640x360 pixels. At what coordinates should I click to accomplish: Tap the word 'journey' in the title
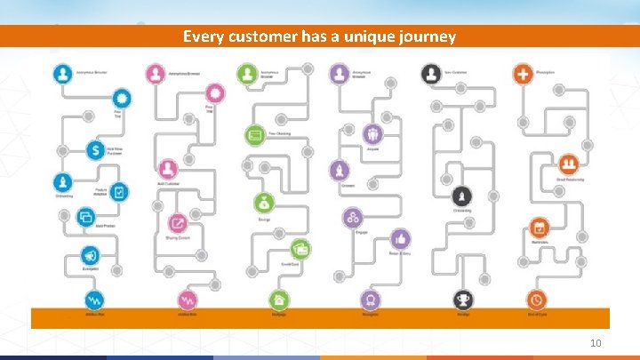point(425,36)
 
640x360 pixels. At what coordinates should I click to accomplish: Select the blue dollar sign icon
point(94,150)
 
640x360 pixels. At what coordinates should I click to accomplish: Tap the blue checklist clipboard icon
point(120,191)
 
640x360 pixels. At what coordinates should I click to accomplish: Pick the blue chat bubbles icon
point(86,216)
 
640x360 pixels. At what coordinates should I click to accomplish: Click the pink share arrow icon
point(178,224)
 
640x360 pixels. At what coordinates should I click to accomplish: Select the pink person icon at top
point(156,72)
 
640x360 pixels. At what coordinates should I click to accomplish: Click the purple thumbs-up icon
point(401,238)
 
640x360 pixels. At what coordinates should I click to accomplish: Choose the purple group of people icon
point(354,218)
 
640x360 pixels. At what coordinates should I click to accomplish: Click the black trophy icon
point(462,300)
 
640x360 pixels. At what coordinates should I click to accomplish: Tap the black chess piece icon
point(462,196)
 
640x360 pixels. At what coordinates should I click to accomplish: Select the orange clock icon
point(536,300)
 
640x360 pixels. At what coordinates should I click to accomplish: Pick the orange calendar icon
point(539,228)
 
